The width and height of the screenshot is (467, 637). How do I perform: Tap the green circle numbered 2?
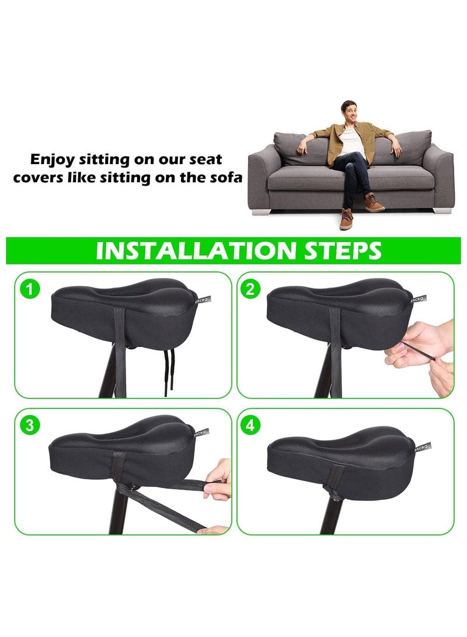point(250,289)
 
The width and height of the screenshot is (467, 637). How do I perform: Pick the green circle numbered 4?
point(250,425)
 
